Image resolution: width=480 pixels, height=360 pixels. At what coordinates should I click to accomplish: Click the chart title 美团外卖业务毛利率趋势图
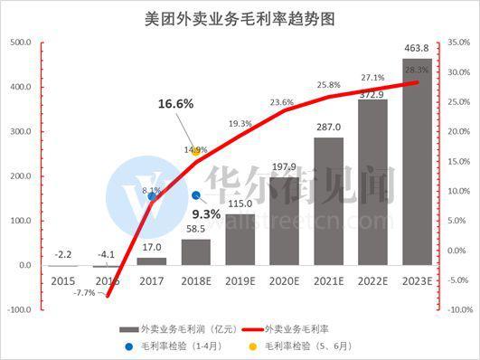(x=240, y=17)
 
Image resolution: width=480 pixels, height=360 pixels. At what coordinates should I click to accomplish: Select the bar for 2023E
(x=417, y=163)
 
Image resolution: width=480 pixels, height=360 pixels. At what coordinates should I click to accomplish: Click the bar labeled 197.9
(x=284, y=222)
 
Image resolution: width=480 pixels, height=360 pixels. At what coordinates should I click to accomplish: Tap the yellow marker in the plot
(x=195, y=151)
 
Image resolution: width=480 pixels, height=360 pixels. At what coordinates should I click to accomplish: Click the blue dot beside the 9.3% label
(x=195, y=194)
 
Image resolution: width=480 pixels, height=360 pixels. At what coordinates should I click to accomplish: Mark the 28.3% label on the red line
(x=417, y=69)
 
